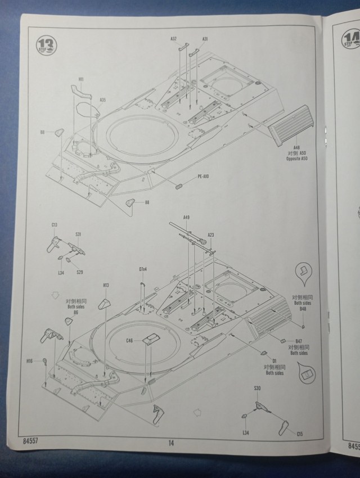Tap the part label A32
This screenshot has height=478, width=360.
[174, 39]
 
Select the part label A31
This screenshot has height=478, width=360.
[205, 39]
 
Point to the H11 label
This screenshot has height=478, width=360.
[81, 79]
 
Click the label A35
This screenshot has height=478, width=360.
[103, 100]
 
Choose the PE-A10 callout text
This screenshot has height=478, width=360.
[203, 177]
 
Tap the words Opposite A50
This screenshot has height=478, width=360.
[297, 159]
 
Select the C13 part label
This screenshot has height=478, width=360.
[54, 225]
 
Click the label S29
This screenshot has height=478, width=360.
[79, 272]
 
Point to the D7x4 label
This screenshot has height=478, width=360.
[143, 269]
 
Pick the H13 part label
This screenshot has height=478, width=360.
[106, 286]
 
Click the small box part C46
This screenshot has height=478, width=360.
[150, 339]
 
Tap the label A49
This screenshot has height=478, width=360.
[186, 218]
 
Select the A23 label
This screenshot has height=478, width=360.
[211, 235]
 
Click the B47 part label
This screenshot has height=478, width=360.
[299, 341]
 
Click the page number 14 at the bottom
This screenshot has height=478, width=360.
[170, 443]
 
